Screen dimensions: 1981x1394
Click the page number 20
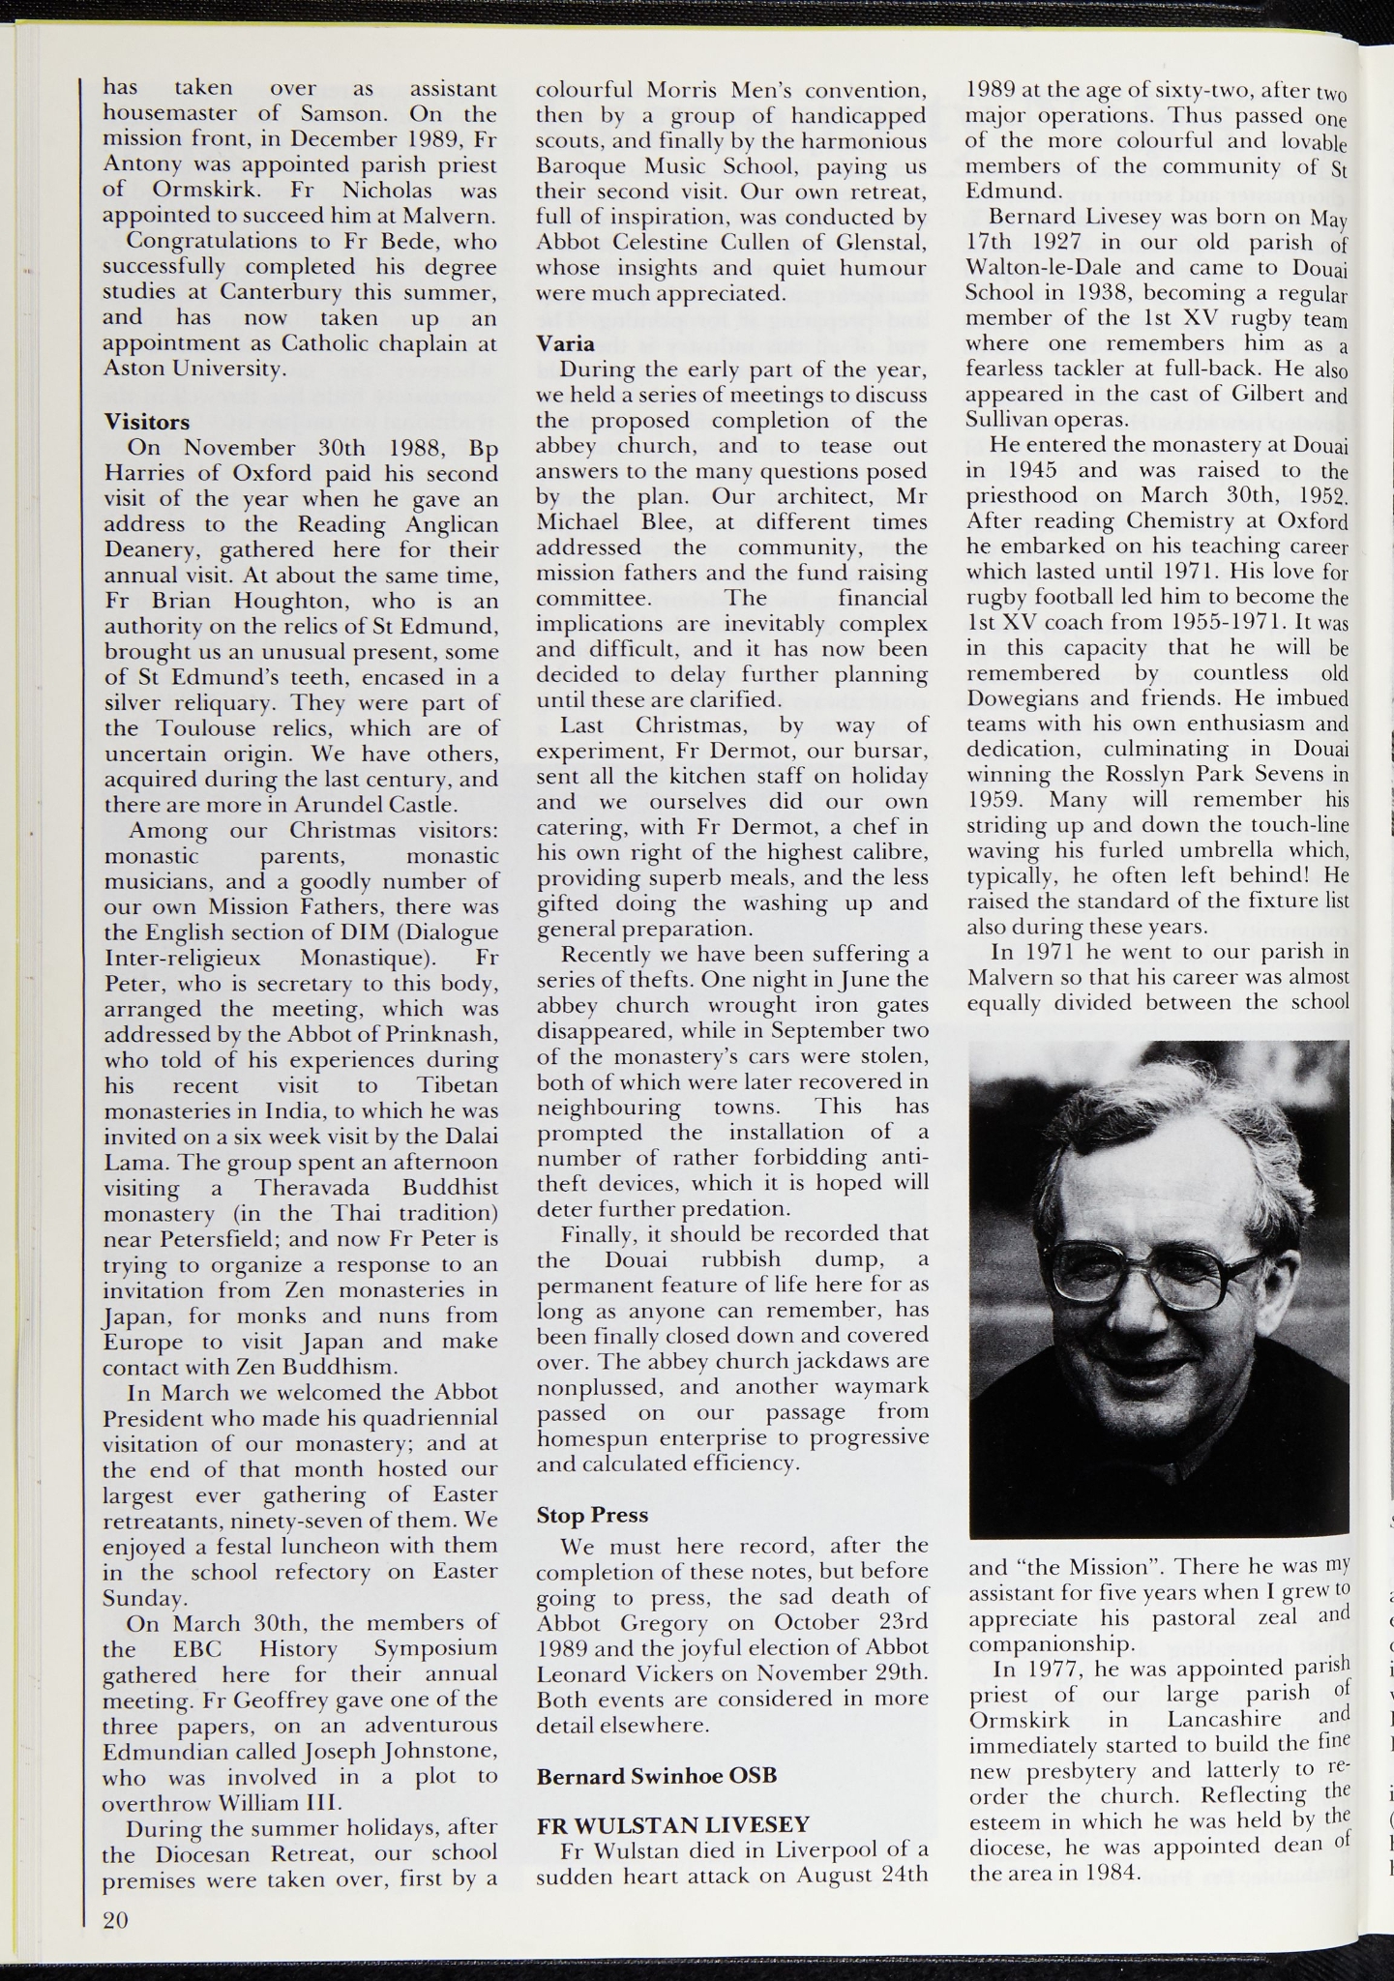click(115, 1920)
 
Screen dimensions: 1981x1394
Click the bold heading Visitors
click(147, 422)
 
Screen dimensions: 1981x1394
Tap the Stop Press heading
click(592, 1515)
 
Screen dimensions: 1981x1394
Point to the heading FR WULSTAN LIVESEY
click(672, 1824)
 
